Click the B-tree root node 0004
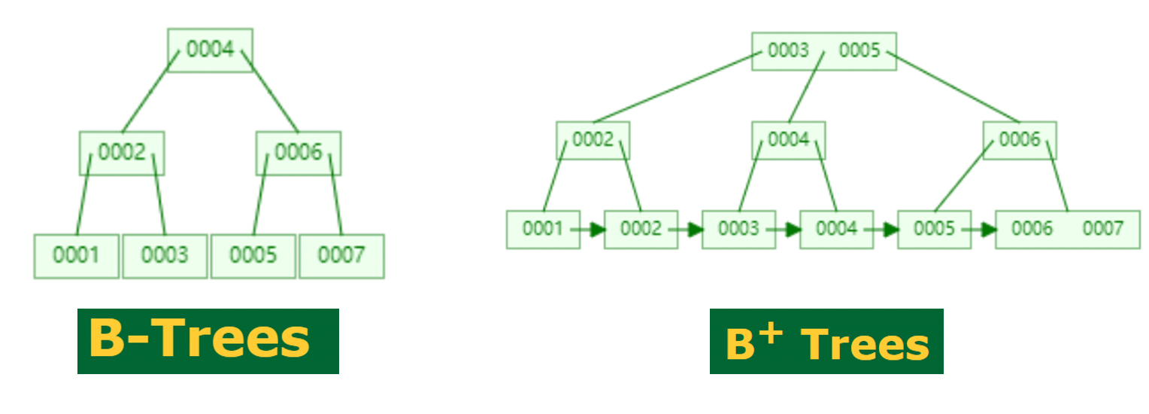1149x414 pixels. [210, 50]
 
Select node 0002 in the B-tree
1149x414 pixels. [122, 153]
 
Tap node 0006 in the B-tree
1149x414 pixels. [298, 153]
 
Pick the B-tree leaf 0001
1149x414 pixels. [76, 256]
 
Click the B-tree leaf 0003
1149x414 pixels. [165, 256]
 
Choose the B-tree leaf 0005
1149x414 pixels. [253, 256]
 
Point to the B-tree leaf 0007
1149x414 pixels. [341, 256]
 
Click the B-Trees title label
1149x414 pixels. [208, 341]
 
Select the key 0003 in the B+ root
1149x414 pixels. [788, 51]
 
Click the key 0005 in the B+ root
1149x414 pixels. [859, 51]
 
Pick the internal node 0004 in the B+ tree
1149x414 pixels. [788, 140]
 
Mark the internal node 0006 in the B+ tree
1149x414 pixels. [1020, 140]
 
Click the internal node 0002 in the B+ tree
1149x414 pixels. [593, 140]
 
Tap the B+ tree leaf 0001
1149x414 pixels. [543, 229]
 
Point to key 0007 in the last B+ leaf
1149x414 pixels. [1102, 229]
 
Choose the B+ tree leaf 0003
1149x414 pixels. [738, 229]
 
